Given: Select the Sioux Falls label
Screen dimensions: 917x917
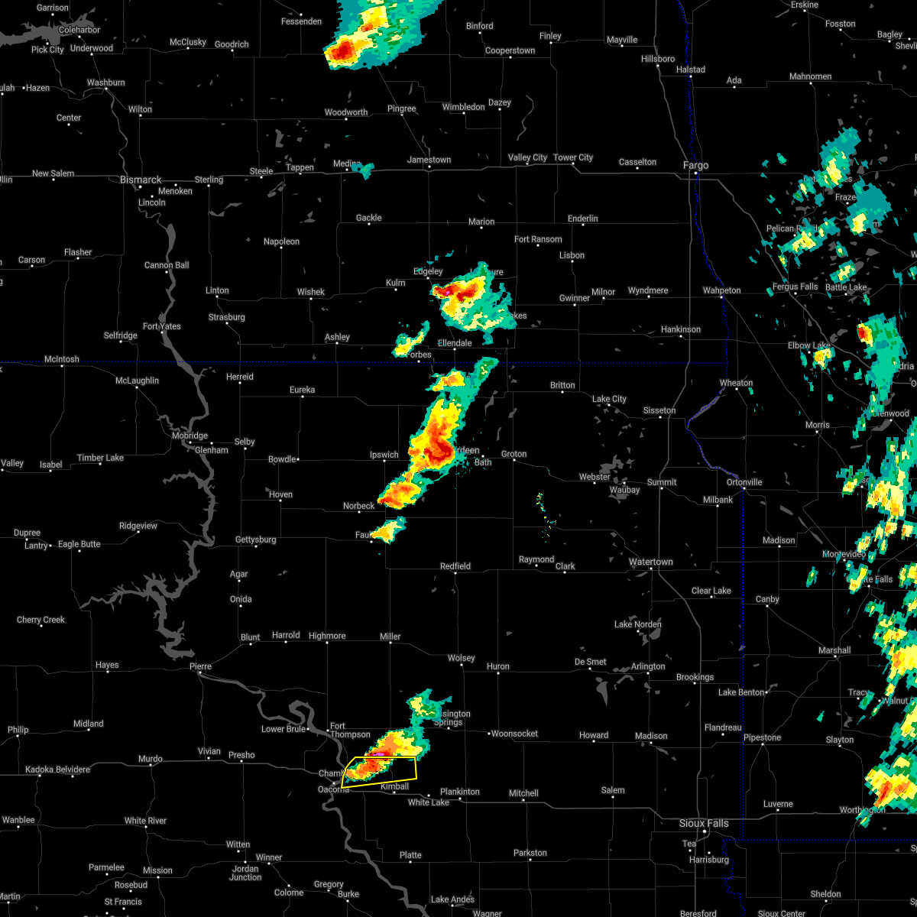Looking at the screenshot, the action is tap(704, 823).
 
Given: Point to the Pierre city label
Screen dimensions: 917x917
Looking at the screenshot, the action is tap(199, 666).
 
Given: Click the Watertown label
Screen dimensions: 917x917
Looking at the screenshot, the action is tap(651, 562).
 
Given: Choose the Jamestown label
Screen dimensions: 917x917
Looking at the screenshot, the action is tap(429, 160).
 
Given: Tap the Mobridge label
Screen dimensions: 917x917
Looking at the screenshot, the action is tap(189, 436).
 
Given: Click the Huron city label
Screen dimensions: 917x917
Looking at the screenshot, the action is tap(497, 666).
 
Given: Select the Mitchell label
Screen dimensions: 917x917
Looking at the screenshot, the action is tap(523, 793).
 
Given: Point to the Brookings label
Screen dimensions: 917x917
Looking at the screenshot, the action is tap(695, 677).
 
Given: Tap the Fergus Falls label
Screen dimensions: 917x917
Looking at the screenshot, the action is tap(795, 287).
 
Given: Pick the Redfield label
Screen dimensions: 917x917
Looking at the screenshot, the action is tap(455, 566).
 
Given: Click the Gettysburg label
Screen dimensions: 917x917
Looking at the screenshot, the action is tap(255, 540).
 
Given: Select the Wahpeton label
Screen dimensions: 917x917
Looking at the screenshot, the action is tap(721, 290).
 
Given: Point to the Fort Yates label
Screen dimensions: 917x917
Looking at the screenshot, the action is tap(162, 326).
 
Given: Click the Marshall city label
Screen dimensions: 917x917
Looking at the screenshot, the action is tap(834, 650).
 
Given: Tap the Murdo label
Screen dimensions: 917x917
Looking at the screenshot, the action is tap(150, 759).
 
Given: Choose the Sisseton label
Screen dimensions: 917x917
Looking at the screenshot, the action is tap(659, 410).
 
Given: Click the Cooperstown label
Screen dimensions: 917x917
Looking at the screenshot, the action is tap(510, 50).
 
